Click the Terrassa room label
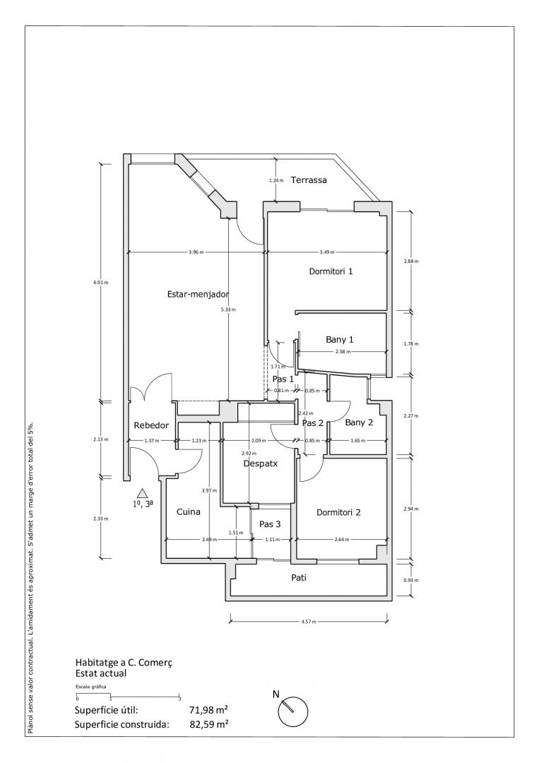309,180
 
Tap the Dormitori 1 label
331,271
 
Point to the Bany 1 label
339,339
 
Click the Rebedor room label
151,425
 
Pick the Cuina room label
189,512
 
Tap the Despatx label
261,464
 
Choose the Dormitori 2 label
339,512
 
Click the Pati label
299,577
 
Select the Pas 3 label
270,524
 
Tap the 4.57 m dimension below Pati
309,622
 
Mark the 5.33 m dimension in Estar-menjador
229,309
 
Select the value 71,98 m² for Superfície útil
208,710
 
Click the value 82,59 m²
208,724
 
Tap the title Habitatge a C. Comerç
124,663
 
